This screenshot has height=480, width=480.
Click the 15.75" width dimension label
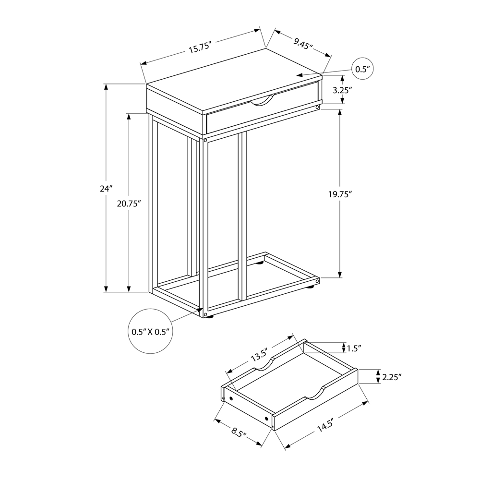coord(200,48)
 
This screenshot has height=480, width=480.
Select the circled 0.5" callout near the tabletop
coord(362,69)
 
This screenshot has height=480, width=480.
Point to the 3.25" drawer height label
coord(356,90)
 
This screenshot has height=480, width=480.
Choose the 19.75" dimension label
coord(339,194)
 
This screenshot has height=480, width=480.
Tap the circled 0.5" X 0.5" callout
coord(151,331)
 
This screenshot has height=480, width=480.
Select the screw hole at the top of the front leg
coord(205,142)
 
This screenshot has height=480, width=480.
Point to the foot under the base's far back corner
coord(260,262)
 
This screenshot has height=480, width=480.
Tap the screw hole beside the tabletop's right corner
coord(317,108)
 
